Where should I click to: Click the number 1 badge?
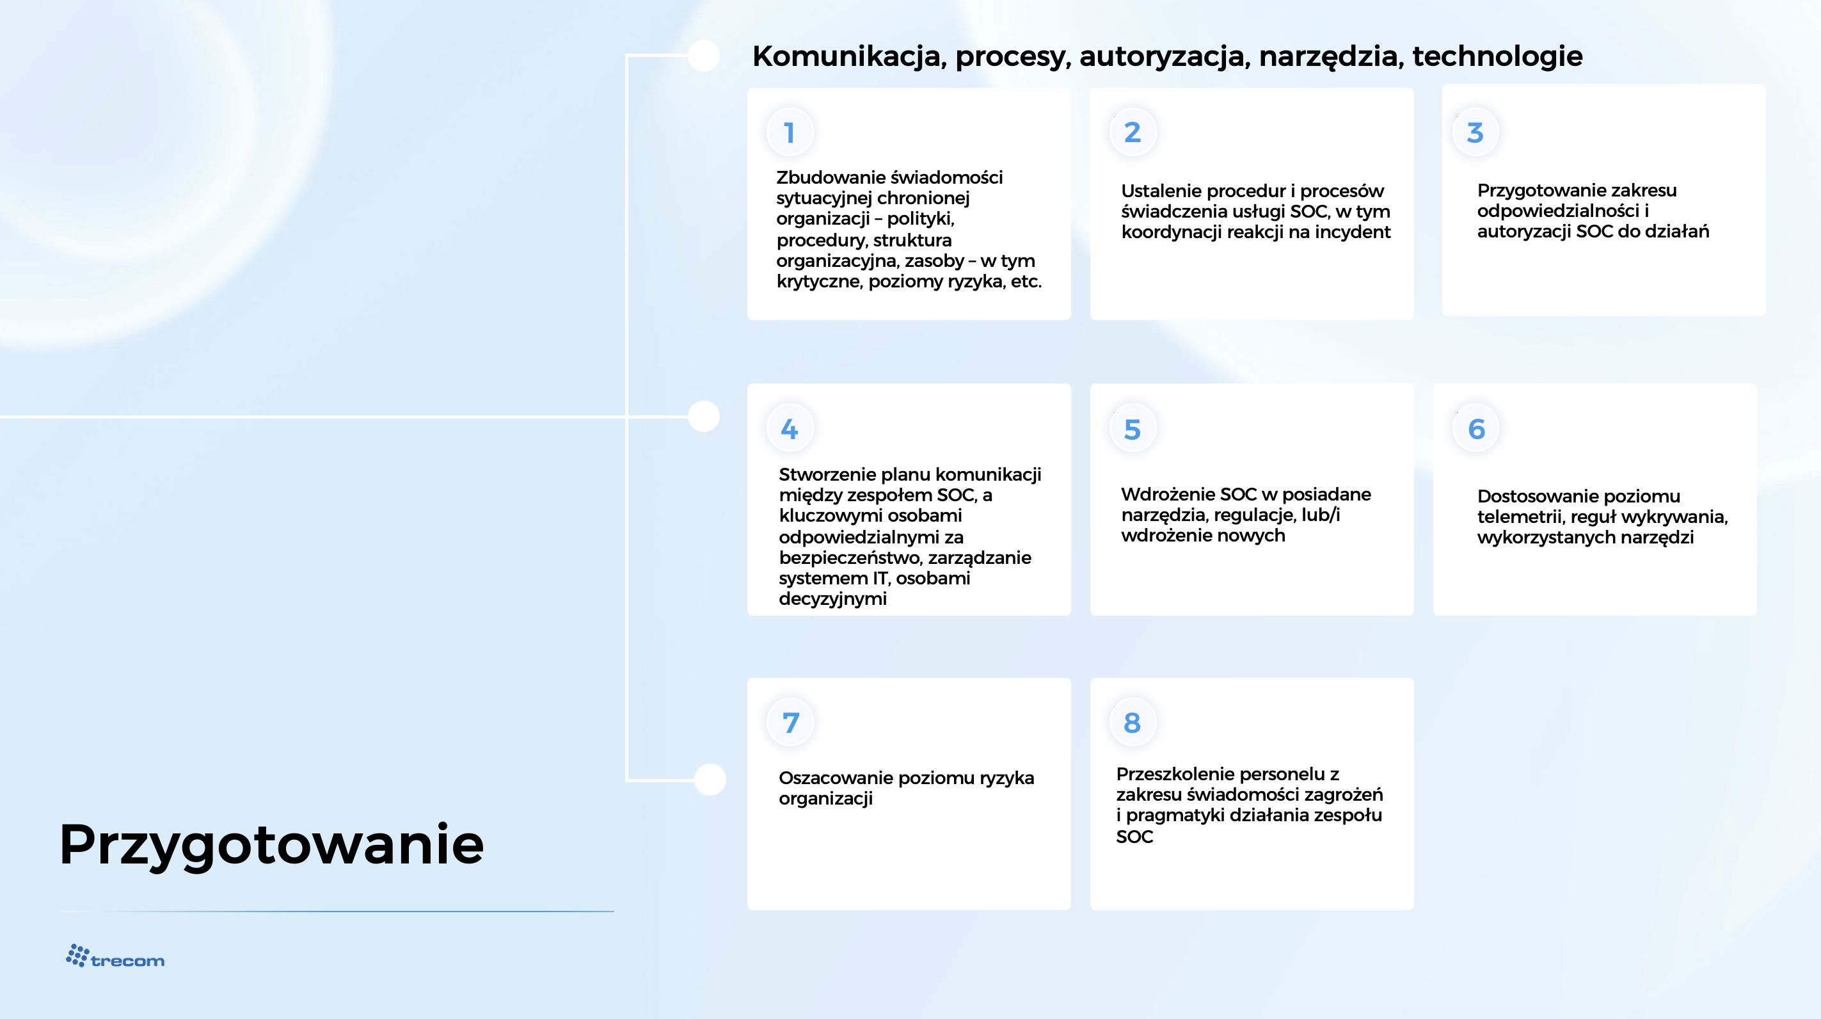pos(790,132)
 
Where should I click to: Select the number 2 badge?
pos(1133,132)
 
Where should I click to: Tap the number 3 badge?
pos(1475,132)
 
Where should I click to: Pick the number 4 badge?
pos(790,429)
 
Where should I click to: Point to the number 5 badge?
pos(1133,429)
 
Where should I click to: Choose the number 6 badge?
pos(1475,429)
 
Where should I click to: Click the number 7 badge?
pos(790,723)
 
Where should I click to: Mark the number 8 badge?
pos(1133,723)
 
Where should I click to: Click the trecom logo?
pos(115,956)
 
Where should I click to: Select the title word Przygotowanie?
pos(272,845)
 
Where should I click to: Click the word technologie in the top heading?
pos(1497,56)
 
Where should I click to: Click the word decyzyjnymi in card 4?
pos(832,600)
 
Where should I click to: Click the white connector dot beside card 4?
pos(704,416)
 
